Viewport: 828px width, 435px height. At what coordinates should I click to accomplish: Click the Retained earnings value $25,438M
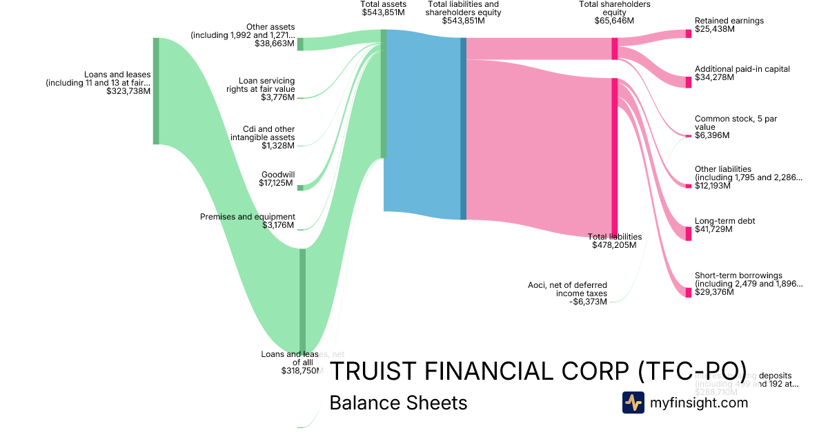point(714,30)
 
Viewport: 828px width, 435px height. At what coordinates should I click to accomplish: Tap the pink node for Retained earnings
point(688,34)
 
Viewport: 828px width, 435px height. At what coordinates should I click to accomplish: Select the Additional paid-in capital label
point(742,69)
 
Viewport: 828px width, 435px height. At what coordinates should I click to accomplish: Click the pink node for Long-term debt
point(688,233)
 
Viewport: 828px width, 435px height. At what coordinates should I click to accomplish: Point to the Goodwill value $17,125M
point(277,183)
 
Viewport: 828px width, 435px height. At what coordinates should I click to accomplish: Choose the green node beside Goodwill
point(300,186)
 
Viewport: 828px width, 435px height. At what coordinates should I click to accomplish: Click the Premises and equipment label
point(247,217)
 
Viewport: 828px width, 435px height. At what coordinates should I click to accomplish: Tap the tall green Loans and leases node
point(156,90)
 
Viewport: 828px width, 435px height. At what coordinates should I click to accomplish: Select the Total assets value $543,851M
point(383,12)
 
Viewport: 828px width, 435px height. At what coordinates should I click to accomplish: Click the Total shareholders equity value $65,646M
point(614,21)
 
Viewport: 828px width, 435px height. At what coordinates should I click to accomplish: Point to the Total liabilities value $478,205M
point(614,244)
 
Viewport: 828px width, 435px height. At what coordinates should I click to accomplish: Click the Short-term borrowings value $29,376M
point(714,292)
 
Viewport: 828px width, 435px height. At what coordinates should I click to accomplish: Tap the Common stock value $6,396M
point(711,135)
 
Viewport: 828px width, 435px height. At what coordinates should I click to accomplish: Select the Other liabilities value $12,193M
point(714,186)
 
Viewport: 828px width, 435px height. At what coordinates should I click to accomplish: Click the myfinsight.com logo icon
point(633,403)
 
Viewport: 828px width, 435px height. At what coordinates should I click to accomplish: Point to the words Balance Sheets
point(398,403)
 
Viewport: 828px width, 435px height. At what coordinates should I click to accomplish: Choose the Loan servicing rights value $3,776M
point(277,97)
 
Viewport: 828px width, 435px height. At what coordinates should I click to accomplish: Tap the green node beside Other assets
point(300,44)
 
